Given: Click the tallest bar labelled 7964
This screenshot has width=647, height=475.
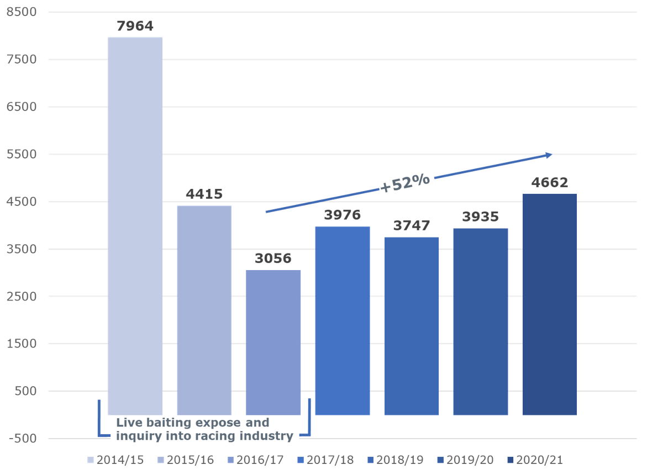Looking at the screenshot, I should (135, 221).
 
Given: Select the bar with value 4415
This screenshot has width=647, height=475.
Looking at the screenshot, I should (204, 309).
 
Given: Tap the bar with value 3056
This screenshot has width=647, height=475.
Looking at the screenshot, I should (273, 342).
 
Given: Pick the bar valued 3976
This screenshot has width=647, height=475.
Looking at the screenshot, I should (343, 320).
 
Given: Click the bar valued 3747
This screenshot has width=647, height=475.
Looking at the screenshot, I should (412, 326).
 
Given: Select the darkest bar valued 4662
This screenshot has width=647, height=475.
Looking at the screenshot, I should (550, 304).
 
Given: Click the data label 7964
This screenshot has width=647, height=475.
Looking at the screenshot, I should (135, 27).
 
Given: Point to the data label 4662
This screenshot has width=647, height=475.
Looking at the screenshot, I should (550, 183).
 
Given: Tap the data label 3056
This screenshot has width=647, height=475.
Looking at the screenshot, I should (273, 259).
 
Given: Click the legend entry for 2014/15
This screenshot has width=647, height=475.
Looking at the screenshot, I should (116, 460).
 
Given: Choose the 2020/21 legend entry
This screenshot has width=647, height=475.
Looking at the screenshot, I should (535, 460).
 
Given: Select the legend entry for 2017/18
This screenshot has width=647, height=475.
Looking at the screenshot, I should (326, 460).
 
